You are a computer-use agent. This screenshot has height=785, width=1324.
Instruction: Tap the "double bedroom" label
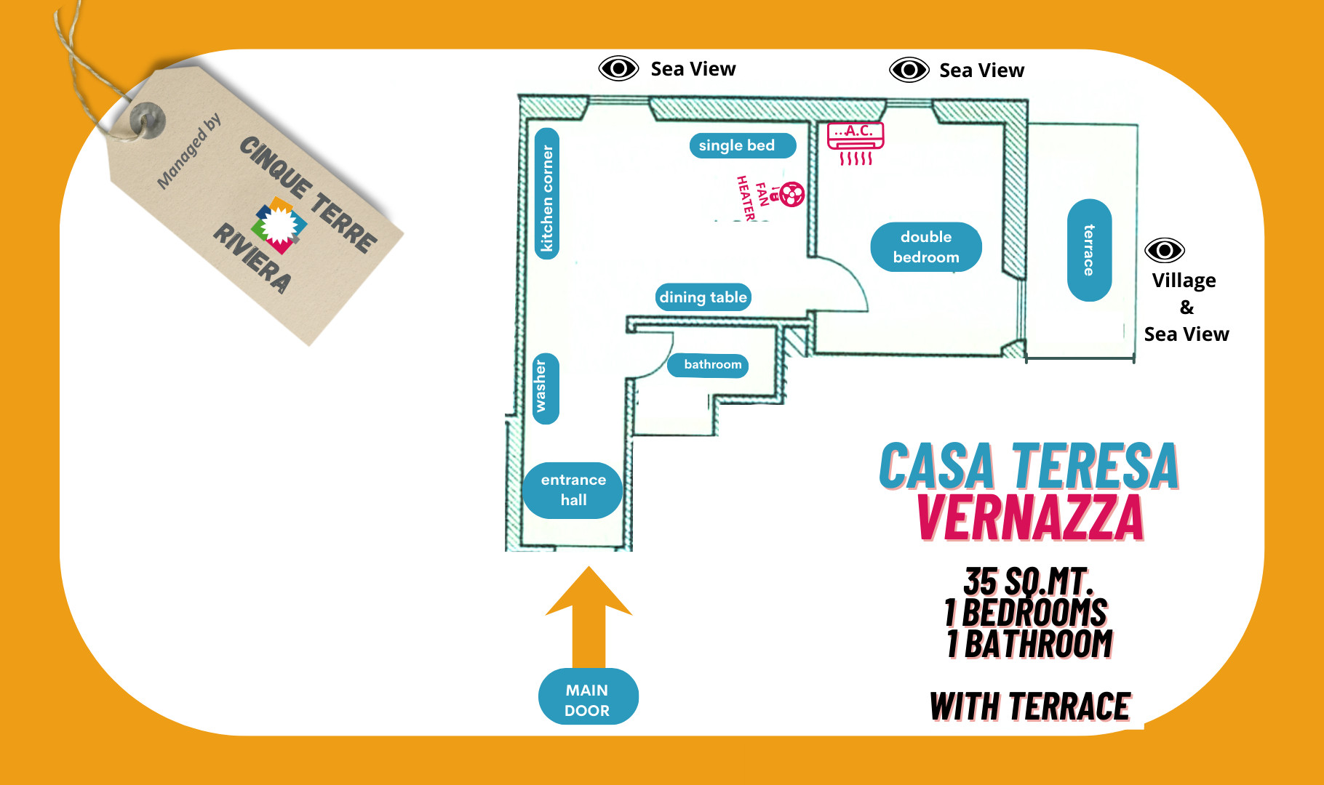pos(925,247)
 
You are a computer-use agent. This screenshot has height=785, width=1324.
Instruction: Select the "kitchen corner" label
pos(547,194)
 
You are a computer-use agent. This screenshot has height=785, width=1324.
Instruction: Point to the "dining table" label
pos(703,297)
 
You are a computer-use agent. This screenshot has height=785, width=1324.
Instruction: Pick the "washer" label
pos(546,388)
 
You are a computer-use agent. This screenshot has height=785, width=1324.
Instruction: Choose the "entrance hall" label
pos(573,490)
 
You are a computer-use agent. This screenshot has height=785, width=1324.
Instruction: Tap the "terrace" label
pos(1089,250)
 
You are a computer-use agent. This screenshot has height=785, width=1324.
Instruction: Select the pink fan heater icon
pos(792,194)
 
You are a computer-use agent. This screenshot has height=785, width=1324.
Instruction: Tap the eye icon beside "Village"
pos(1164,251)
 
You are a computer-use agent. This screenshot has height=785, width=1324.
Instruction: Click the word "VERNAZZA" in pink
pos(1030,518)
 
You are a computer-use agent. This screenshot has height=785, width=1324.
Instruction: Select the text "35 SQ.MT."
pos(1029,581)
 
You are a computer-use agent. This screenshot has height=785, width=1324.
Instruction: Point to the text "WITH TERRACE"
pos(1030,706)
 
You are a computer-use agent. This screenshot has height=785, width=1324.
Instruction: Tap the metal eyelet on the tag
pos(148,119)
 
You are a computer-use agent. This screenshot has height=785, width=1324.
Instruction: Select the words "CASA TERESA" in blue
pos(1029,466)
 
